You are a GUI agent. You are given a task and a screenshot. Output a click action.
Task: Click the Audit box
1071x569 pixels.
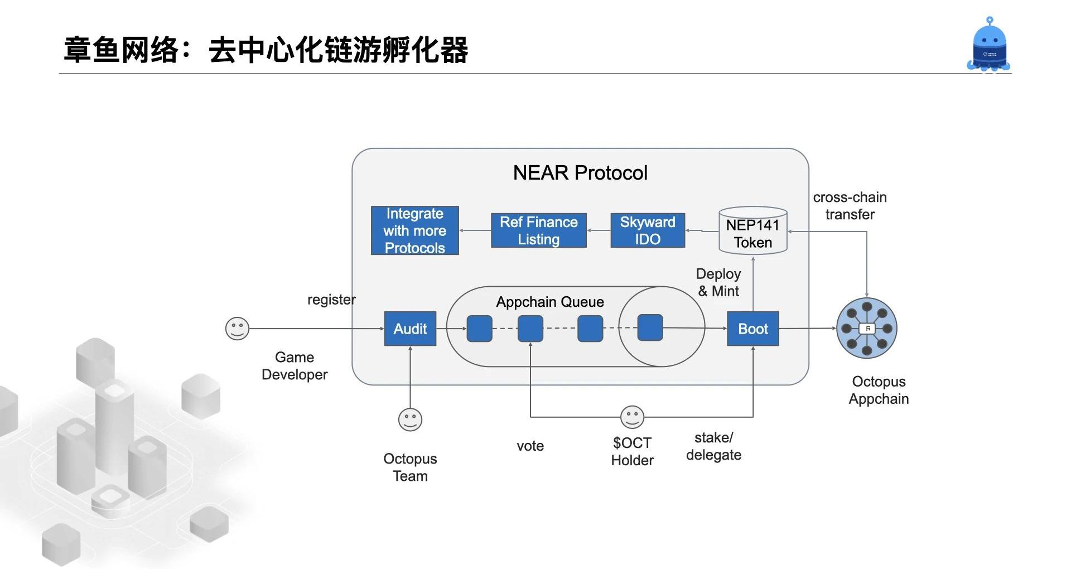pos(410,329)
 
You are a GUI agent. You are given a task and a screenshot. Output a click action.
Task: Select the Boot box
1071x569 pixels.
pos(753,329)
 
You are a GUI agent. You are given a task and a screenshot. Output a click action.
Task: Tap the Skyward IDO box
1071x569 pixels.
pos(648,230)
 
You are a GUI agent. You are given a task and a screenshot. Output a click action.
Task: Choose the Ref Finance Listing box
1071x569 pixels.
pos(539,230)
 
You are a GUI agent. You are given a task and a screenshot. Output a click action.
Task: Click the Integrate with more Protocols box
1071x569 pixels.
pos(415,230)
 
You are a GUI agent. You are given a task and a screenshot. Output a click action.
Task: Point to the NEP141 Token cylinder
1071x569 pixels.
pos(753,231)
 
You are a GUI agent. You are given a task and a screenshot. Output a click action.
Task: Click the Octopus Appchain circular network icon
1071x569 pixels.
pos(867,328)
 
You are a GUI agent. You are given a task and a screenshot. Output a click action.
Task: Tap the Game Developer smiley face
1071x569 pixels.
pos(237,329)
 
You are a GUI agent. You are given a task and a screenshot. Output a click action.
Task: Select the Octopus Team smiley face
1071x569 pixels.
pos(410,419)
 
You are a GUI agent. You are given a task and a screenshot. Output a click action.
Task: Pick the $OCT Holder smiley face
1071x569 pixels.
pos(632,417)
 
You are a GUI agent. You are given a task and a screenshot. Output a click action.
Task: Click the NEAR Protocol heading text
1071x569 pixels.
pos(580,173)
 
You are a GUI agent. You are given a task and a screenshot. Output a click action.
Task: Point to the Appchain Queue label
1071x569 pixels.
pos(550,302)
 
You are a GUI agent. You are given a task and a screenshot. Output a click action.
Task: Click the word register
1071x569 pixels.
pos(331,300)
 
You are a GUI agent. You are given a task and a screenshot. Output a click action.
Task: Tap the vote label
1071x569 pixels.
pos(530,446)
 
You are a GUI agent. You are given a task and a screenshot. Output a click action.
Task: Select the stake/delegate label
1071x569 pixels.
pos(714,446)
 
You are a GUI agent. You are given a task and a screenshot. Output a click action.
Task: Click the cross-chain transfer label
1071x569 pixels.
pos(850,206)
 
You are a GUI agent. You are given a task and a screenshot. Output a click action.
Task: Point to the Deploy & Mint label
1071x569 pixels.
pos(718,282)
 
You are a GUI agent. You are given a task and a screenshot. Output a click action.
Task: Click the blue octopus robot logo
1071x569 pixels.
pos(989,44)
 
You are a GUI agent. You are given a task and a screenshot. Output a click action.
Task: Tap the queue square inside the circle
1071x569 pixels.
pos(650,327)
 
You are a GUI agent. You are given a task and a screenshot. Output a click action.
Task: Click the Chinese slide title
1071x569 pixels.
pos(266,50)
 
